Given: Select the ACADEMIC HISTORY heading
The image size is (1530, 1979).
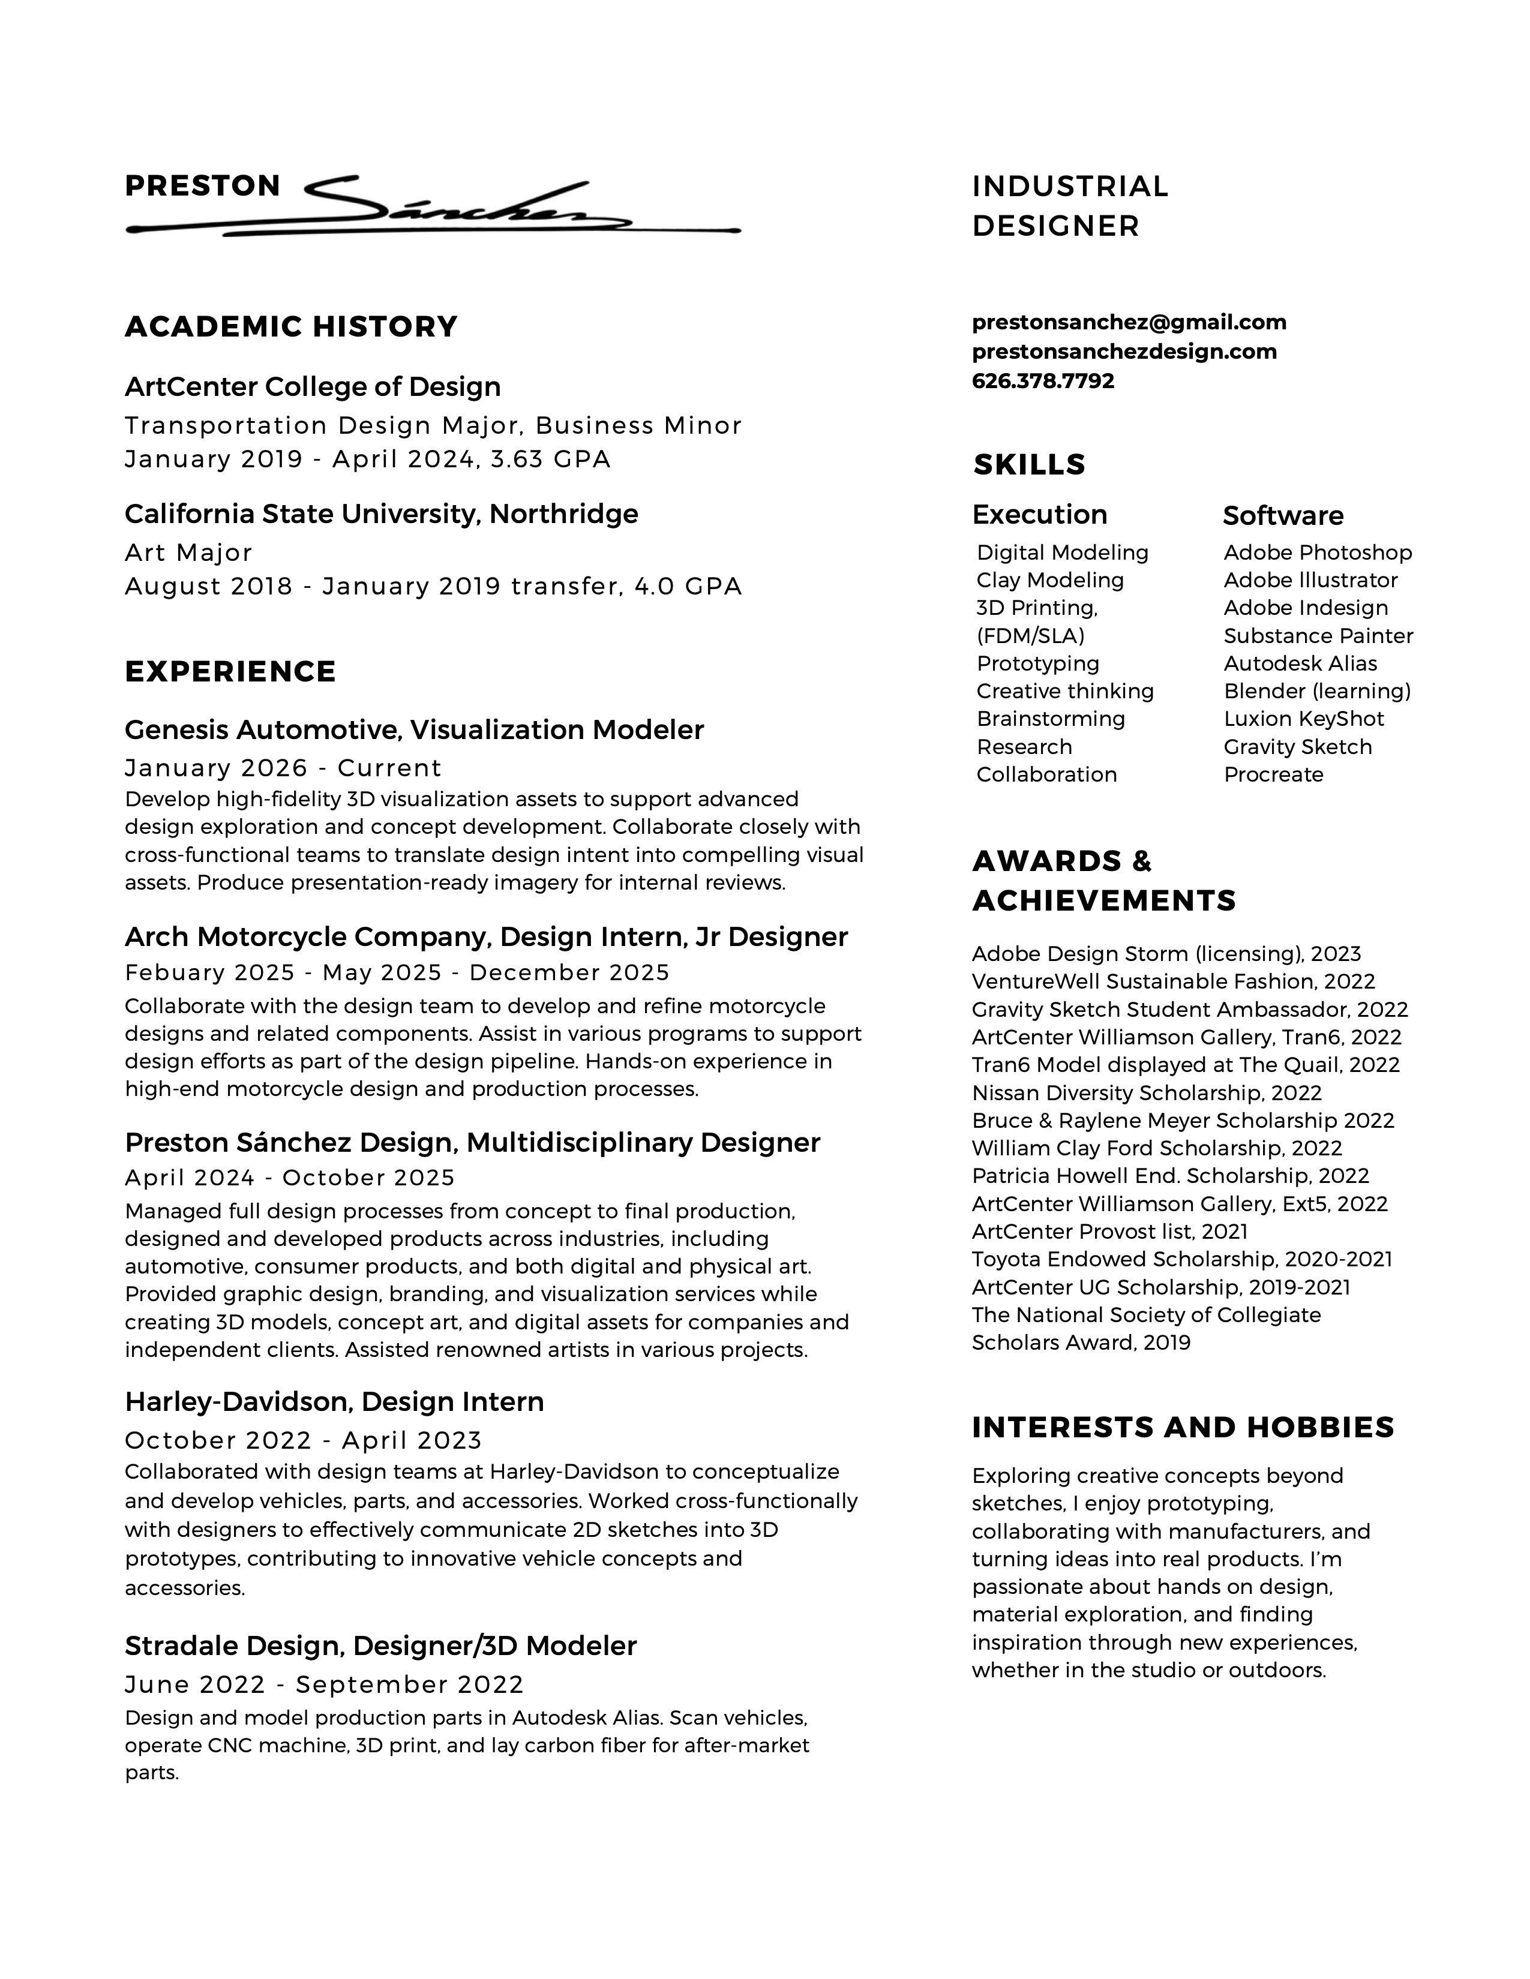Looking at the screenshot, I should tap(291, 327).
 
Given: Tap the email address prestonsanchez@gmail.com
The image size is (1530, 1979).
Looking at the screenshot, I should tap(1129, 323).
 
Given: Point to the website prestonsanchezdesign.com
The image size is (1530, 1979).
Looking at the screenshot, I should tap(1124, 352).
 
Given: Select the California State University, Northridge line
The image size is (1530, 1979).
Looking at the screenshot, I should tap(380, 513).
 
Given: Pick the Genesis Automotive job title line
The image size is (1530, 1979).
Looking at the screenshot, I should tap(413, 729).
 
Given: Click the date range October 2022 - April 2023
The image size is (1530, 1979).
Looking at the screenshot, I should tap(303, 1440).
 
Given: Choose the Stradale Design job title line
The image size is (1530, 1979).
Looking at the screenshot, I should tap(380, 1645).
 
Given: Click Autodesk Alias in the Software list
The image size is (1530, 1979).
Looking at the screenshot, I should tap(1300, 663).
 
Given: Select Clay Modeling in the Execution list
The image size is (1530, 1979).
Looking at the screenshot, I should tap(1049, 580).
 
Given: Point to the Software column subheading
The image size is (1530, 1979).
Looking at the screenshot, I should tap(1283, 515).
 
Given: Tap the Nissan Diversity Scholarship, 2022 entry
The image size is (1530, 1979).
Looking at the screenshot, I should tap(1147, 1093).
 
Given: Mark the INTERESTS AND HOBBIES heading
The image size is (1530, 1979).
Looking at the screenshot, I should tap(1182, 1427).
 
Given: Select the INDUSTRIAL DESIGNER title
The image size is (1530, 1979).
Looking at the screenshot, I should tap(1070, 206).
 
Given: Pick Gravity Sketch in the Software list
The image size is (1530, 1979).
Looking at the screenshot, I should tap(1297, 747).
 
